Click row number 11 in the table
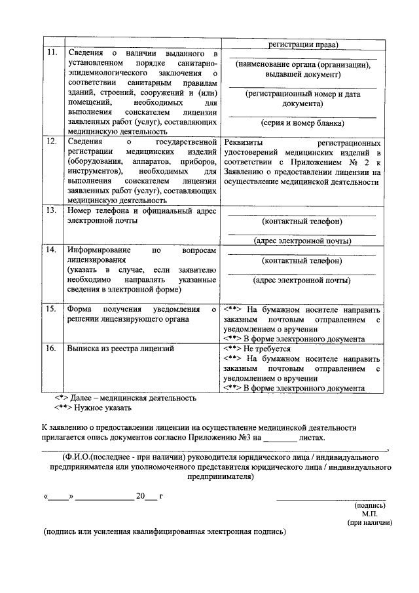50,52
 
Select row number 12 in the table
50,141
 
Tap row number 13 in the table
50,211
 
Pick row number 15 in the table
50,309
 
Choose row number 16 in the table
50,349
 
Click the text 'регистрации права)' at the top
302,45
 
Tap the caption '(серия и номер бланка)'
302,123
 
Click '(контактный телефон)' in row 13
302,221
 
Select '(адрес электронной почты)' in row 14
302,280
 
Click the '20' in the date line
139,496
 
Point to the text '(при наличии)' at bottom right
369,523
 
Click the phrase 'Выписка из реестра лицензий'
120,349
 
